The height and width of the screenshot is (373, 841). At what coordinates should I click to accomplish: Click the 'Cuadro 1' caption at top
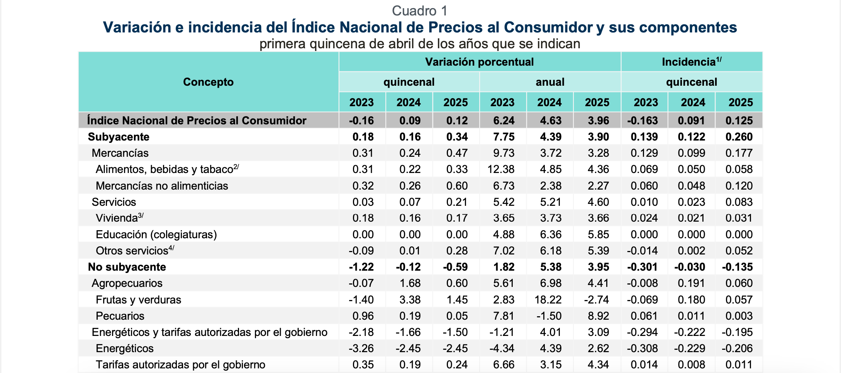(x=420, y=11)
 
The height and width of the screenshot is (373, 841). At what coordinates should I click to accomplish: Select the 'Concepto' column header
(x=208, y=82)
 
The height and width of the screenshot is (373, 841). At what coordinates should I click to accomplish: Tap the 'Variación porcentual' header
(x=479, y=62)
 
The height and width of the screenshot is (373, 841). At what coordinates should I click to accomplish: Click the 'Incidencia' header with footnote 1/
(x=691, y=62)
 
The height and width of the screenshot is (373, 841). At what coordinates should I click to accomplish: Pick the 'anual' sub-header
(x=550, y=82)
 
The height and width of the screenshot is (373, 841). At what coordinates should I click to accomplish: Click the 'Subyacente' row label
(x=119, y=137)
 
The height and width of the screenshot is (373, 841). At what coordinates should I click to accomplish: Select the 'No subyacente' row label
(x=127, y=267)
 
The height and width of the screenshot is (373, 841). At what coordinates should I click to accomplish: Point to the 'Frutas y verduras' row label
(x=138, y=300)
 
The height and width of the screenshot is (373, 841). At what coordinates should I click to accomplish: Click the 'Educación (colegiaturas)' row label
(x=156, y=234)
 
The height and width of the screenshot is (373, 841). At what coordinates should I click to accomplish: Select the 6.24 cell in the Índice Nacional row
(x=504, y=120)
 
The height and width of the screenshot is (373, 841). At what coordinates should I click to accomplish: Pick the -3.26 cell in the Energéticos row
(x=361, y=348)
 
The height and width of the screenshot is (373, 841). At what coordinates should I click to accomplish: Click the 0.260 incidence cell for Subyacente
(x=739, y=137)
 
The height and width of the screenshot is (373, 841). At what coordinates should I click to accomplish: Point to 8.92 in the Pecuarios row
(x=598, y=316)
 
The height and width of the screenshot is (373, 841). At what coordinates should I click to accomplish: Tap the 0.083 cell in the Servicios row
(x=739, y=202)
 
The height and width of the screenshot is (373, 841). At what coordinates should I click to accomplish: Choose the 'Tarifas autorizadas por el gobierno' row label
(x=180, y=365)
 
